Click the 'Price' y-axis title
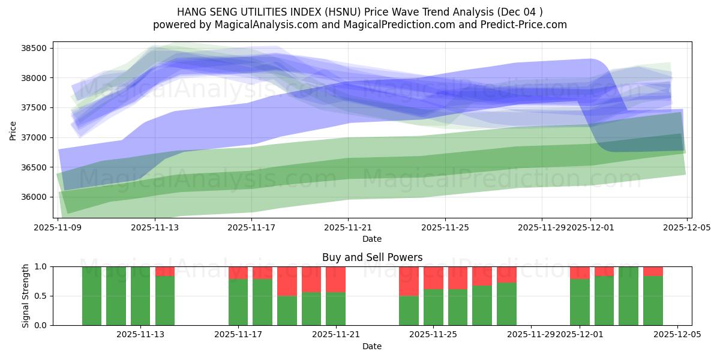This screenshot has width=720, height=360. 13,130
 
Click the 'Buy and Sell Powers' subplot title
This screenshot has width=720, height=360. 372,257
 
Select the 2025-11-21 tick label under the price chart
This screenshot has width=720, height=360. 348,228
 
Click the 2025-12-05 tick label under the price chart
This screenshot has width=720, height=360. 687,228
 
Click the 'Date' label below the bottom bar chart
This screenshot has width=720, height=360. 372,346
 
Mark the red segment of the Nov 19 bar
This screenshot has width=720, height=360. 287,281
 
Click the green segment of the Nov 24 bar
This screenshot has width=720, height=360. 409,310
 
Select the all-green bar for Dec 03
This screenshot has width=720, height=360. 628,296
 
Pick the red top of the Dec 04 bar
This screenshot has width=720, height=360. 653,271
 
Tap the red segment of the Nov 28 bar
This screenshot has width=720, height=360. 506,274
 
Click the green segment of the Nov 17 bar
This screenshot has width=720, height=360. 238,302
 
